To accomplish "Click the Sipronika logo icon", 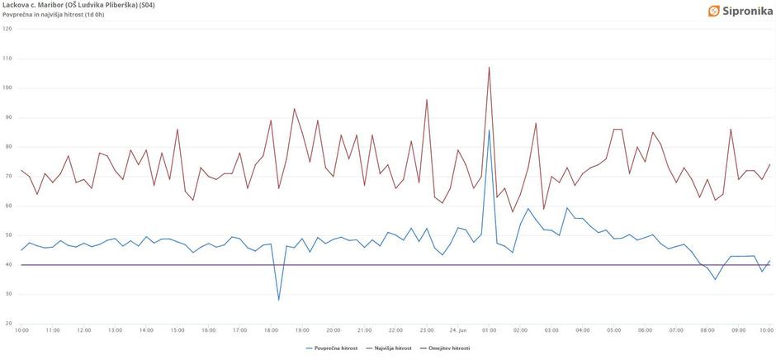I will click(714, 11).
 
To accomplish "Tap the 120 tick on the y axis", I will click(7, 29).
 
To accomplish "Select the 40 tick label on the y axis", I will click(7, 264).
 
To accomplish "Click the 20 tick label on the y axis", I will click(7, 323).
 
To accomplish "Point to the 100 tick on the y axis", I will click(7, 88).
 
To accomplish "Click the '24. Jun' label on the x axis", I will click(457, 330).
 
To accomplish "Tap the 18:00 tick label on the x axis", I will click(271, 330).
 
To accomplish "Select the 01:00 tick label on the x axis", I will click(489, 330).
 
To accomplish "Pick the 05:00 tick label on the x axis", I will click(613, 330).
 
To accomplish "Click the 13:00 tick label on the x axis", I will click(115, 330).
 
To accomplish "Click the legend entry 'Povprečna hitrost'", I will click(334, 348).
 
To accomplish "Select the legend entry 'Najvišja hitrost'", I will click(391, 348).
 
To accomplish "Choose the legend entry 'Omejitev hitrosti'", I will click(448, 348).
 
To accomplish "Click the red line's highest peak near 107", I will click(489, 68).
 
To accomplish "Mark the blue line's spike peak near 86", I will click(489, 130).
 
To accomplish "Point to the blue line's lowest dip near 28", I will click(278, 300).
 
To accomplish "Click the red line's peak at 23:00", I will click(427, 100).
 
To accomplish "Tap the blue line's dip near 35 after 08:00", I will click(715, 279).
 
